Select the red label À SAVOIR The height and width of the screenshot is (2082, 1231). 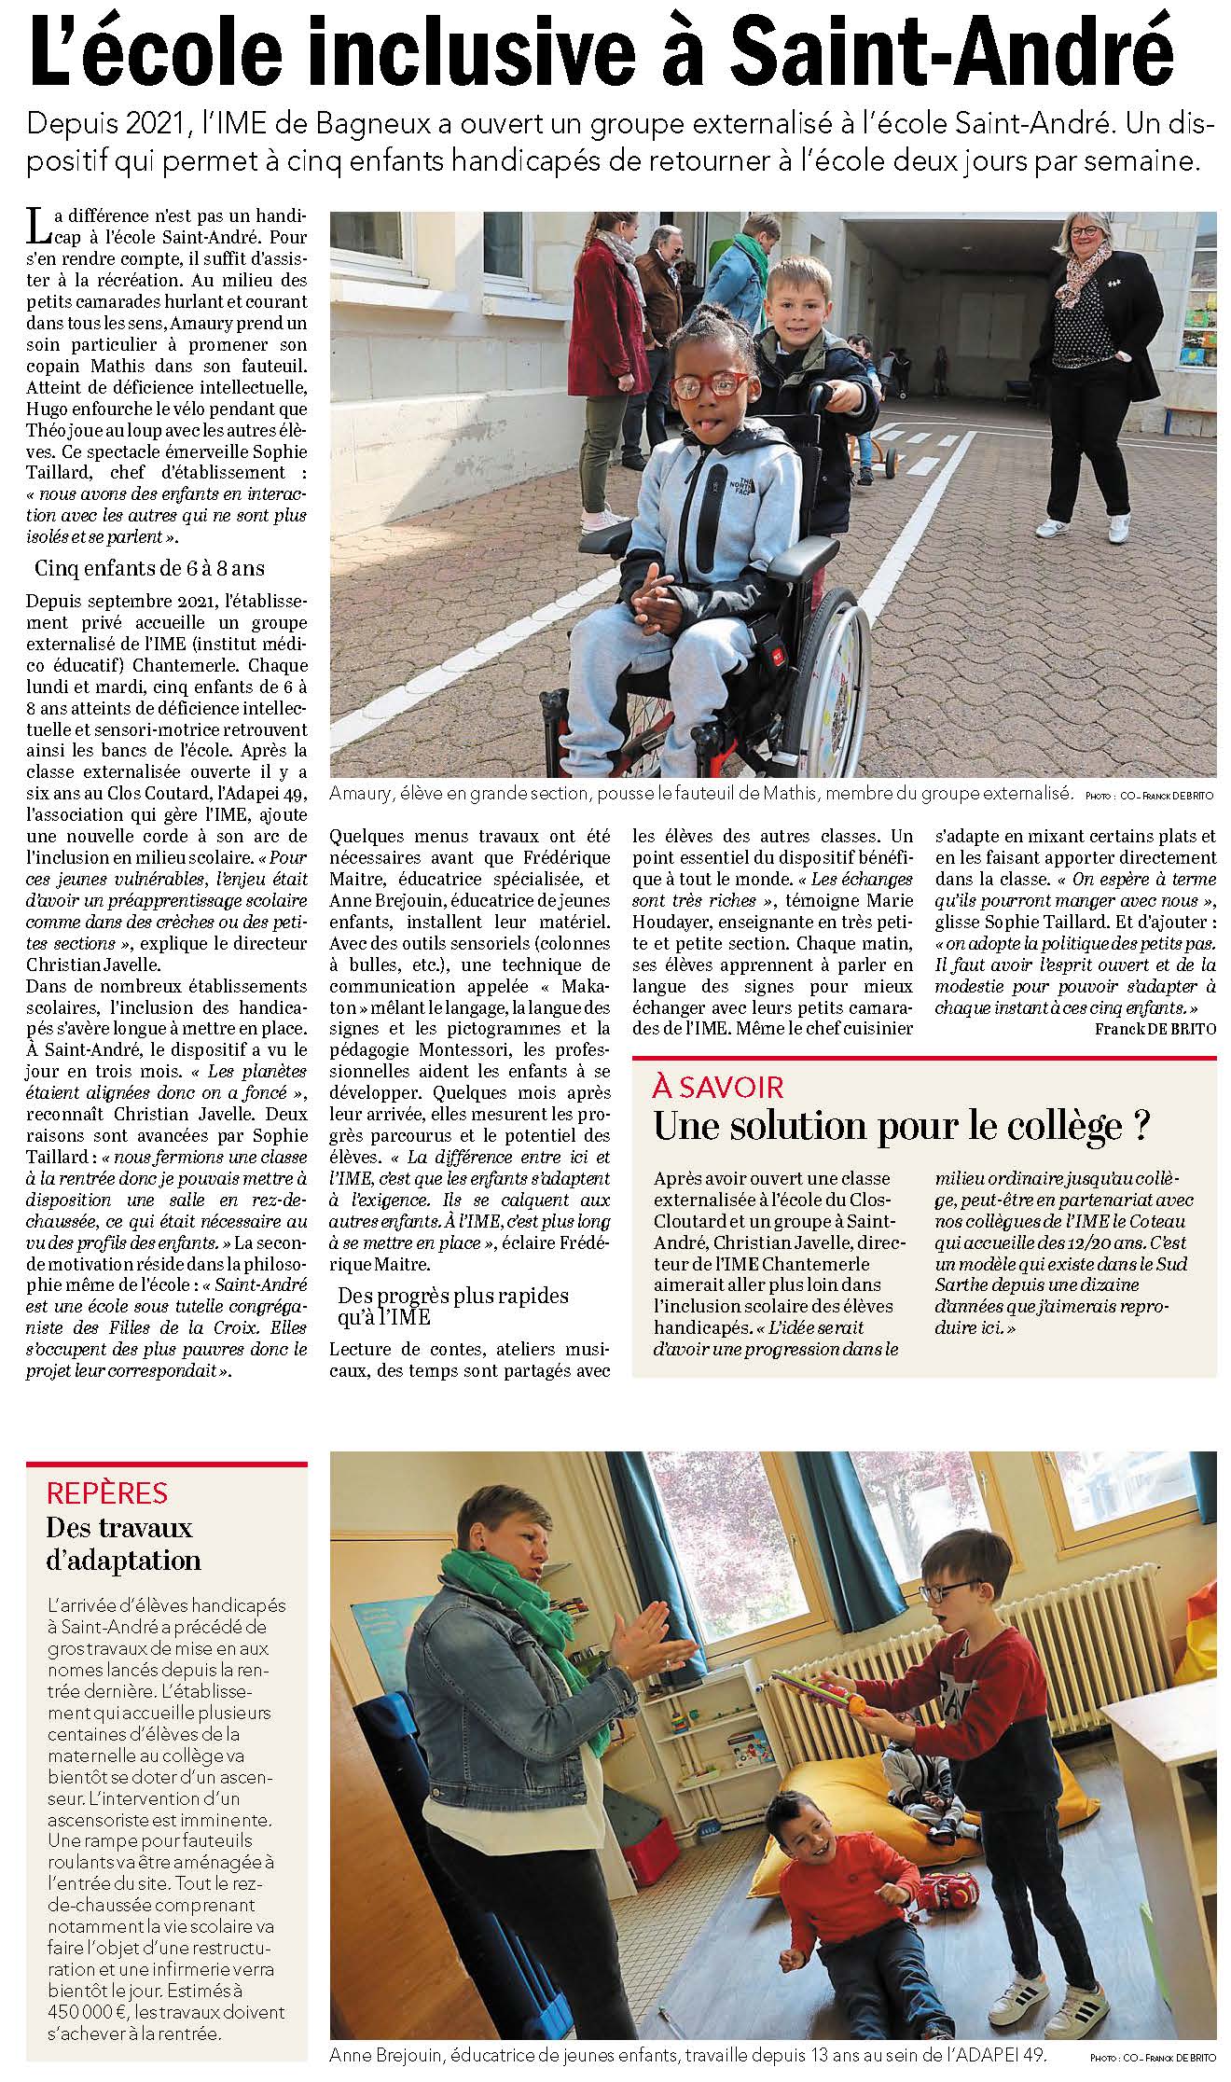(x=718, y=1087)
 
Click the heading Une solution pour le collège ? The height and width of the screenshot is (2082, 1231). (x=900, y=1126)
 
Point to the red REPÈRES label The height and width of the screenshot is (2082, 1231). (x=107, y=1492)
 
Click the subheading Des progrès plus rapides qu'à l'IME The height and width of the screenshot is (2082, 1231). (x=453, y=1305)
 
